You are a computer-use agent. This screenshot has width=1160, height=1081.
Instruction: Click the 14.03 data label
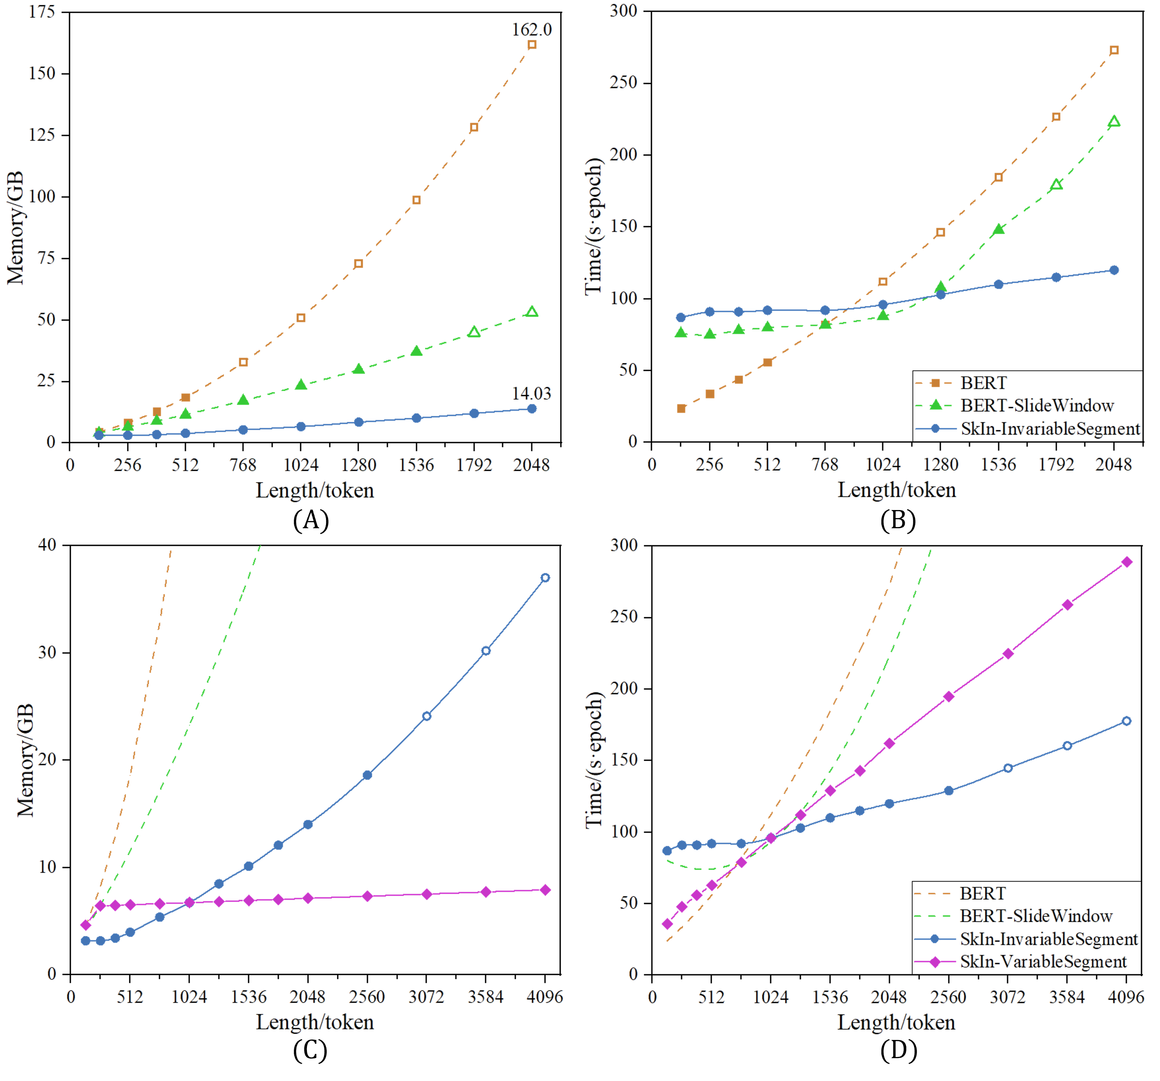[531, 393]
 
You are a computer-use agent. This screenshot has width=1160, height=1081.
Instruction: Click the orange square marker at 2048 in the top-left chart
[532, 44]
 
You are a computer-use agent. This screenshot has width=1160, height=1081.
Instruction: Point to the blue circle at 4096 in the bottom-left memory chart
[545, 578]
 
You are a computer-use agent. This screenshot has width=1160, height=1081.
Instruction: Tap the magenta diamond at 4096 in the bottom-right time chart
[1127, 562]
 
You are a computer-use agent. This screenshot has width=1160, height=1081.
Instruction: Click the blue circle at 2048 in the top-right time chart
[1113, 270]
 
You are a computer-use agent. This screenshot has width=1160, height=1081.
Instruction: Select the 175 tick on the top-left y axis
[42, 11]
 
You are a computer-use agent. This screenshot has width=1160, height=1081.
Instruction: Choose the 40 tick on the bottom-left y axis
[47, 544]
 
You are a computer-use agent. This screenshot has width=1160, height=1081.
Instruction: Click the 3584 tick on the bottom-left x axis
[486, 996]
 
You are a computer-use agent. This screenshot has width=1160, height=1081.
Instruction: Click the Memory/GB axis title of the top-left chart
[16, 228]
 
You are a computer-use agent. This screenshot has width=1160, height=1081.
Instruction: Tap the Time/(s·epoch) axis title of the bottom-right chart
[594, 760]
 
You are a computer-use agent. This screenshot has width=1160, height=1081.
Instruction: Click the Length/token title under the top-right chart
[896, 490]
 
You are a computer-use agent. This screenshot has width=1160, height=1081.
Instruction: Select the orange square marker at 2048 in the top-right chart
[1113, 50]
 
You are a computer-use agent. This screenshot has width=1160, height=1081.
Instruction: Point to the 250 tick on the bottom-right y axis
[624, 616]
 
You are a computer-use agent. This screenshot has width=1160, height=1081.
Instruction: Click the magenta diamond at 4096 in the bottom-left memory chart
[545, 890]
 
